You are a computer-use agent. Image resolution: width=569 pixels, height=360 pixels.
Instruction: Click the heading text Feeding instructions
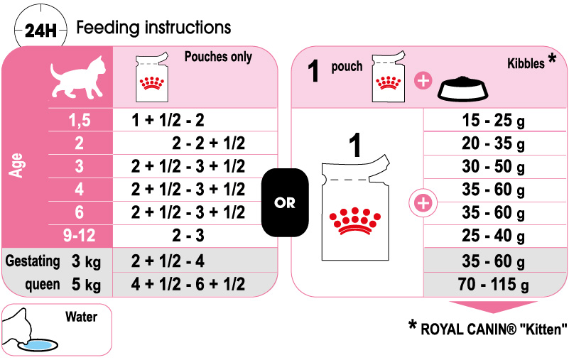tap(153, 28)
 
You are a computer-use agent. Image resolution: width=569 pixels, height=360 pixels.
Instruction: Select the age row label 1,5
tap(79, 120)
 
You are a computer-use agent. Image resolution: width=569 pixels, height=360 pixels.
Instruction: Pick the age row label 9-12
tap(79, 235)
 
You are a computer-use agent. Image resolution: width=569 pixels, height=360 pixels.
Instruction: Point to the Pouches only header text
tap(218, 57)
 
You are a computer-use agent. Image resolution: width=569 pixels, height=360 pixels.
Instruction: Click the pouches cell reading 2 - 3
tap(188, 235)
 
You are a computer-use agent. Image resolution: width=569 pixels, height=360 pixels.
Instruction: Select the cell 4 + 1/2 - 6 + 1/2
tap(188, 284)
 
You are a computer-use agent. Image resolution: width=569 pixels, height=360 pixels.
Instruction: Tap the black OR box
tap(285, 203)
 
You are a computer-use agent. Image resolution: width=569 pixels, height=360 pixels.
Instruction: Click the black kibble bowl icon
tap(465, 89)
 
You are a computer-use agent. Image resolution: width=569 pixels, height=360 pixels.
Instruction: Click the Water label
tap(80, 316)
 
